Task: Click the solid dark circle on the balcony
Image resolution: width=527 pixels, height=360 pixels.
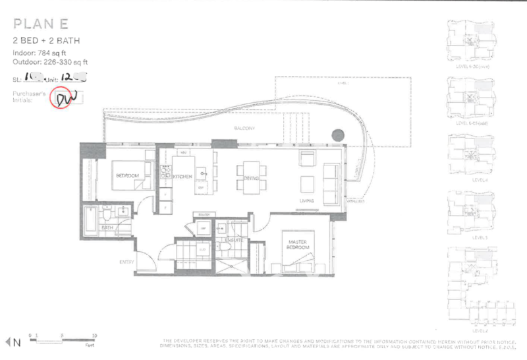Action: tap(337, 135)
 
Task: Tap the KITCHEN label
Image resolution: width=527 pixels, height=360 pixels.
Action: tap(182, 176)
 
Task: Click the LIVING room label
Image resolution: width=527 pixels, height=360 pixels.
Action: tap(305, 200)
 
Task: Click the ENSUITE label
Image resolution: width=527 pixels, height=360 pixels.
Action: tap(235, 241)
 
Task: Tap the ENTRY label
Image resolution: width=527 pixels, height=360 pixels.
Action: tap(126, 262)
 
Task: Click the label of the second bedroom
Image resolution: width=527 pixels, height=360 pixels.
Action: tap(126, 176)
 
